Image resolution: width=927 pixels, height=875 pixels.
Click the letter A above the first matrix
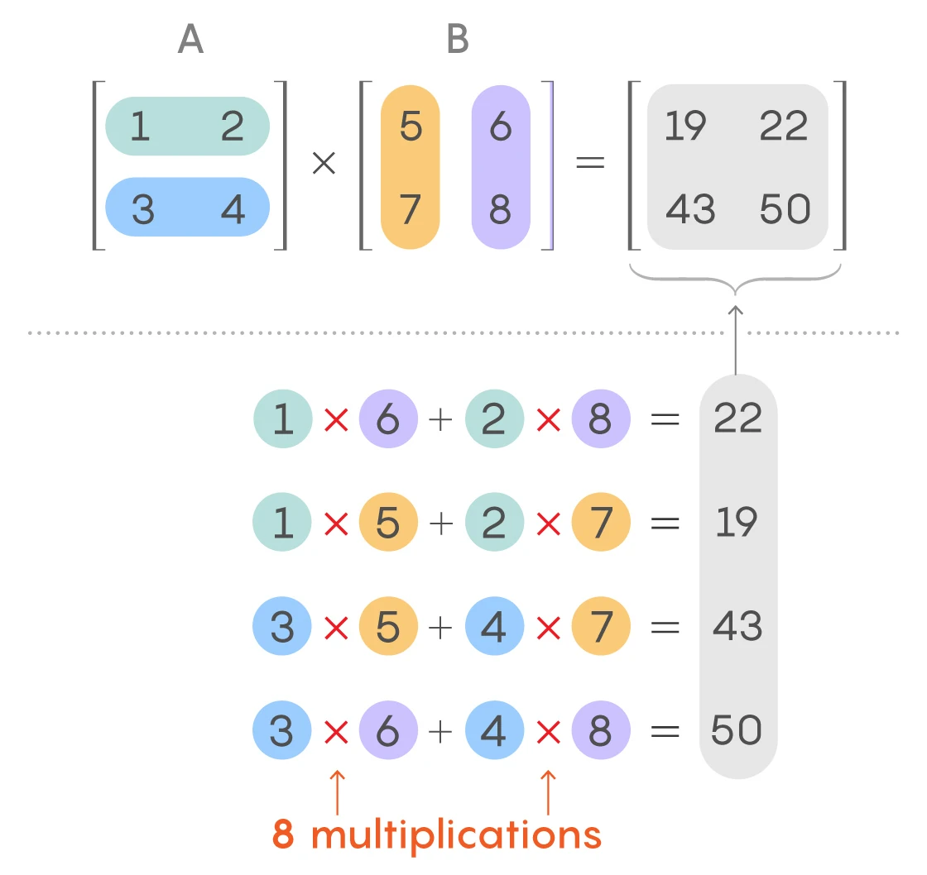[190, 39]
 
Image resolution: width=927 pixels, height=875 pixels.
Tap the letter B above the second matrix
[458, 39]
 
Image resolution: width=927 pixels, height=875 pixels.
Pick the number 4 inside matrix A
[233, 209]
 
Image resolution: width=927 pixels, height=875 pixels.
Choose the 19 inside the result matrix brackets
[685, 127]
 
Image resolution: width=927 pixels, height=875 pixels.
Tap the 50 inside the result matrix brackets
[785, 209]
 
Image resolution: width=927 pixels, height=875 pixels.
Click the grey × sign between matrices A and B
[324, 164]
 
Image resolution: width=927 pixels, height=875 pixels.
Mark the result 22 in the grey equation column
[737, 418]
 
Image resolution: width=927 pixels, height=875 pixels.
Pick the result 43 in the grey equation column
[737, 626]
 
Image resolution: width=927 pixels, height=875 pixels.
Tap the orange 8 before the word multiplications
[283, 834]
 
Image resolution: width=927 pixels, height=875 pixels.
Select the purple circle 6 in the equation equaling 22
[387, 419]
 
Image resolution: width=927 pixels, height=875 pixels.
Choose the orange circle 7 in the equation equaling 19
[600, 523]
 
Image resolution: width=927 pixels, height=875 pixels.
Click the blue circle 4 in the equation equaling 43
[494, 627]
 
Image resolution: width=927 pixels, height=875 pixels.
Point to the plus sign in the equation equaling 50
[441, 731]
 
